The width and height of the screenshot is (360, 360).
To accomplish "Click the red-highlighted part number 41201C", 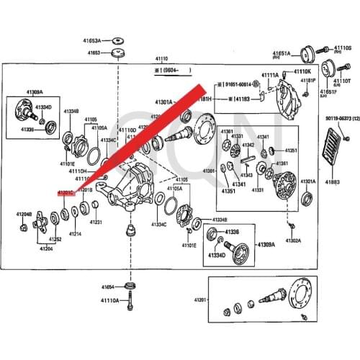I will [67, 193].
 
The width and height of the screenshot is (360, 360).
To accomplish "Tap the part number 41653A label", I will [110, 41].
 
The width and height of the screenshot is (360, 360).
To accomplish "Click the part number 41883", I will [332, 182].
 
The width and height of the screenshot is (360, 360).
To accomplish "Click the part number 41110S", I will [342, 48].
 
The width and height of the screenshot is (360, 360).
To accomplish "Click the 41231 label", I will [96, 222].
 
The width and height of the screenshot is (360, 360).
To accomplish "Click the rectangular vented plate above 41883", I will [333, 150].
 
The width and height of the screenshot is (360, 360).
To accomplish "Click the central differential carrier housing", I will [133, 187].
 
